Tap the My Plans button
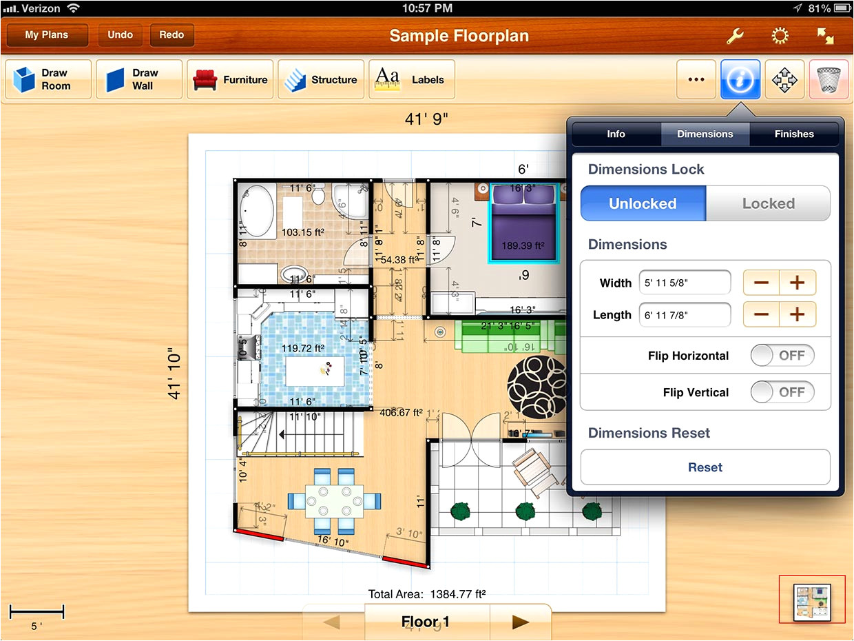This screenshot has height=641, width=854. pos(47,35)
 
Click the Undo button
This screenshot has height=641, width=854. pos(120,35)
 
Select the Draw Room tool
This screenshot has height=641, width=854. pos(48,80)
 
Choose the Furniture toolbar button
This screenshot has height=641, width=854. pos(231,80)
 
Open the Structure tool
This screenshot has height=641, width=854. pos(321,80)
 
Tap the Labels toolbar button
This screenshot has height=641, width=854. pos(412,80)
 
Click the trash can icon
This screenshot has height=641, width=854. pos(829,80)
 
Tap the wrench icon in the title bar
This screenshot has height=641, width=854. pos(735,36)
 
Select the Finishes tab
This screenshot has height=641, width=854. pos(793,134)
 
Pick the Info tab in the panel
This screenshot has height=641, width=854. pos(616,134)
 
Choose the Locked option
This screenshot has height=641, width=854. pos(768,203)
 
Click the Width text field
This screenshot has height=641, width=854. pos(685,282)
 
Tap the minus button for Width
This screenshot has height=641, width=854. pos(761,283)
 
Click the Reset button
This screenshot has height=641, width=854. pos(705,467)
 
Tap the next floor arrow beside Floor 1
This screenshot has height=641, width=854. pos(520,622)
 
